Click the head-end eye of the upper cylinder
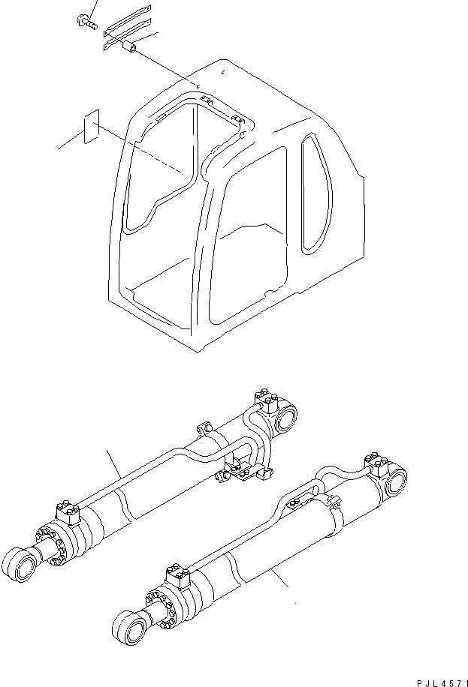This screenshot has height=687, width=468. coord(286,418)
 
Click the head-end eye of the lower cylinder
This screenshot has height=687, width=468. coord(392,482)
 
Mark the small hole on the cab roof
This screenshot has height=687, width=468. coord(225,73)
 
